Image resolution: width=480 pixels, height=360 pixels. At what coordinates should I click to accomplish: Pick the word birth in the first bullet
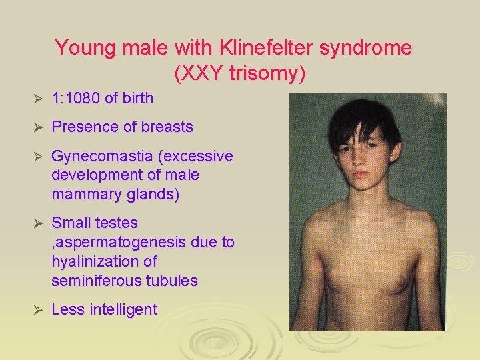tap(137, 99)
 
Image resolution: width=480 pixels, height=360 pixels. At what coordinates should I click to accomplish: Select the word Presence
tap(82, 127)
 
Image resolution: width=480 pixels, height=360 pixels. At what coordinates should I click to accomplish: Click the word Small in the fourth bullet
tap(71, 223)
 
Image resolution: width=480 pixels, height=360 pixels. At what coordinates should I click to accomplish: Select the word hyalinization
tap(93, 261)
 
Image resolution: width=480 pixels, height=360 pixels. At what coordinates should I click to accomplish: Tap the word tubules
tap(170, 281)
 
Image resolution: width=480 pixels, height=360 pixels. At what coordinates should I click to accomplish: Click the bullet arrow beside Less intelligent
tap(37, 310)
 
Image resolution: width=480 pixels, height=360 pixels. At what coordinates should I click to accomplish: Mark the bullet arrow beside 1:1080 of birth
tap(37, 99)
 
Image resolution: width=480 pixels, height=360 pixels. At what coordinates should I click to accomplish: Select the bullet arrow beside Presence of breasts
tap(37, 127)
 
